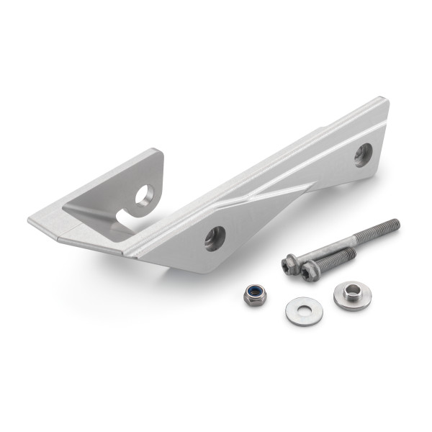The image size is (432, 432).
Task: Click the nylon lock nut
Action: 253,294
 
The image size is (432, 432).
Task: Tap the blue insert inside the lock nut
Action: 253,292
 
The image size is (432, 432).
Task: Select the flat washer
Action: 304,310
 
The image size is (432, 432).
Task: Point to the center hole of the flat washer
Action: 304,310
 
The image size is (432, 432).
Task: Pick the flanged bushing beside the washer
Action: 352,295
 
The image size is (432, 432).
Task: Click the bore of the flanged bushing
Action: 352,292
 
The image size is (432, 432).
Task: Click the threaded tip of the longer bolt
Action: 392,225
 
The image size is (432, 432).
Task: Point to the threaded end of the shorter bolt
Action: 350,253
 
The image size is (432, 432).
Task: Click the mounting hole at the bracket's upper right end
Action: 363,153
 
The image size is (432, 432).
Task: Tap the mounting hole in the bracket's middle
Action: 215,238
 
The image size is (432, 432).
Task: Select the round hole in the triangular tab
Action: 145,194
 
